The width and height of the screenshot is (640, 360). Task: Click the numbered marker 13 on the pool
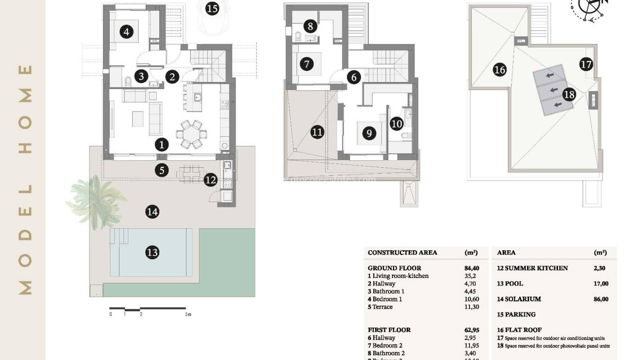click(x=152, y=253)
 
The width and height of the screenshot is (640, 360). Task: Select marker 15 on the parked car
click(x=212, y=8)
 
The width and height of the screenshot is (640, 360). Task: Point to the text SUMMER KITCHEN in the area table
click(x=536, y=268)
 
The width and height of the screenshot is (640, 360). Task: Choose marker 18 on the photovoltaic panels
click(x=569, y=95)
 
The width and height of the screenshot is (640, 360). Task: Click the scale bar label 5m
click(x=188, y=314)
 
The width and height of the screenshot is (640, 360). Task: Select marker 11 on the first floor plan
click(x=317, y=132)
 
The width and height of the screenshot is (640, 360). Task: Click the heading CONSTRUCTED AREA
click(x=402, y=253)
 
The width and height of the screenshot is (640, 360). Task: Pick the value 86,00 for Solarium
click(x=601, y=299)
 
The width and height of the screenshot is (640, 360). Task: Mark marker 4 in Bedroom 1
click(x=126, y=32)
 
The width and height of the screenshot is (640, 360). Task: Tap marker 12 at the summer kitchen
click(x=211, y=179)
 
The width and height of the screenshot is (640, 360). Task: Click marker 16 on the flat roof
click(x=500, y=70)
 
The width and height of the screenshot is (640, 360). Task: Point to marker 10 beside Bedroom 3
click(x=396, y=124)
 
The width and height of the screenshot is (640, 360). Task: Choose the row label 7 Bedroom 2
click(x=385, y=345)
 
